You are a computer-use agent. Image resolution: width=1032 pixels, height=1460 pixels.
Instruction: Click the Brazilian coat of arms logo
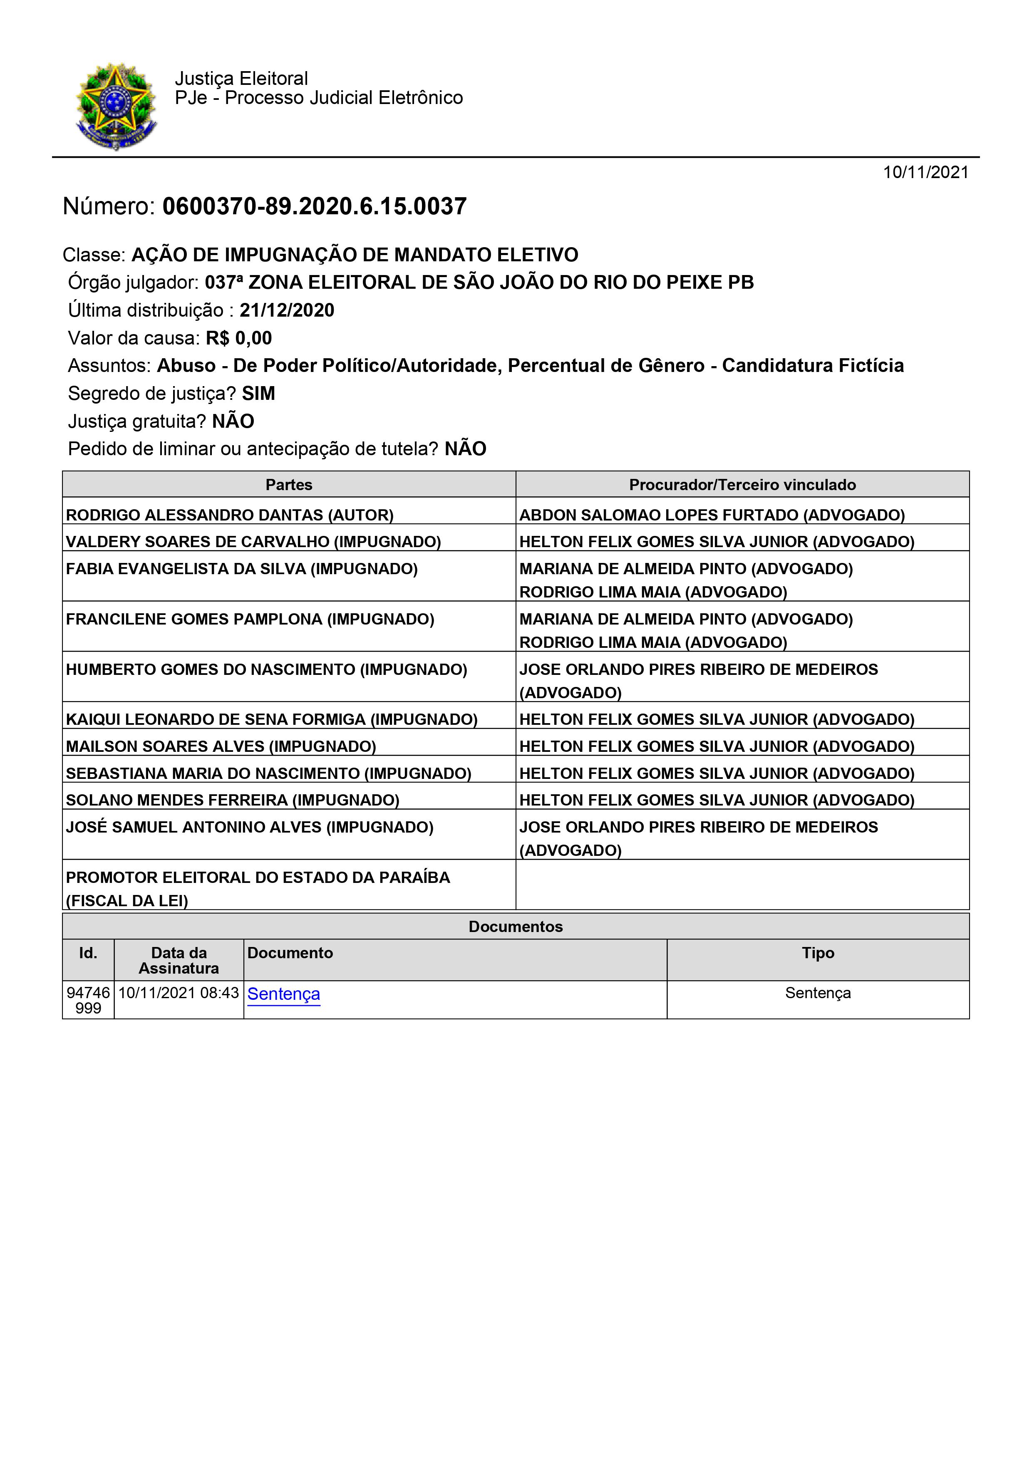click(x=116, y=106)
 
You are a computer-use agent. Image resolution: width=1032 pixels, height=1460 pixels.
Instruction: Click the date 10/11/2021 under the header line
click(x=925, y=172)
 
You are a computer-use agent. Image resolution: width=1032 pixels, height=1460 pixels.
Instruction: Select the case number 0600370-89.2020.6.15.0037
click(x=314, y=207)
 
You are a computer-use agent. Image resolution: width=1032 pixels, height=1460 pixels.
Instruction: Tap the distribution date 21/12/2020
click(x=287, y=310)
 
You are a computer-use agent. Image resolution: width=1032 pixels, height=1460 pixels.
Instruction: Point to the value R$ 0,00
click(x=238, y=338)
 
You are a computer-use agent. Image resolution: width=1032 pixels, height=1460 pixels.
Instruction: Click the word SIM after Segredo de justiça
click(x=258, y=394)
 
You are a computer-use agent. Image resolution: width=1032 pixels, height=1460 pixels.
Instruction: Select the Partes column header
click(x=289, y=485)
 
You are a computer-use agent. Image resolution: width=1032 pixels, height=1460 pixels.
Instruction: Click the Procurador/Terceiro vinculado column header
click(x=742, y=485)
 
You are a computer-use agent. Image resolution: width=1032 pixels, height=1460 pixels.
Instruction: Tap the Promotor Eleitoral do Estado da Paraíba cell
click(x=258, y=888)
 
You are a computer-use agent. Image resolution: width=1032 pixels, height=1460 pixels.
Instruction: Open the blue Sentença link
click(x=284, y=994)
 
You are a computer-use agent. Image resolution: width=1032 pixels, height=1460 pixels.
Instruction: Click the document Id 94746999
click(x=88, y=1000)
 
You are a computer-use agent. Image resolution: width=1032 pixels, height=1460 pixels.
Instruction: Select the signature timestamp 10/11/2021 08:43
click(x=179, y=993)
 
